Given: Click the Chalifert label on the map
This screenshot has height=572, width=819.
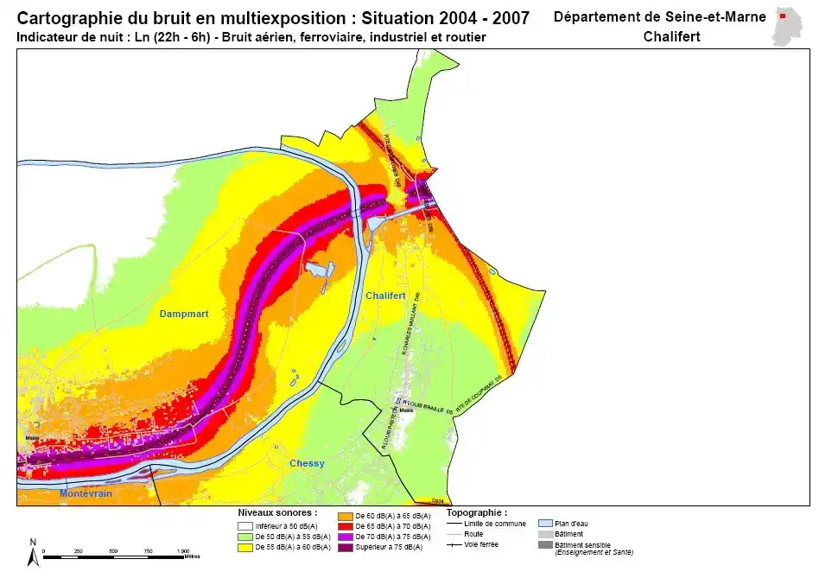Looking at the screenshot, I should click(x=385, y=296).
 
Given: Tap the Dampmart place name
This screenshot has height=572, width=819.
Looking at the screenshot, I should click(x=184, y=314).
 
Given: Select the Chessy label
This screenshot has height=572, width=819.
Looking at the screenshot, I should click(x=307, y=463).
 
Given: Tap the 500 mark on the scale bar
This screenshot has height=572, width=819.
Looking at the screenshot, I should click(x=114, y=550).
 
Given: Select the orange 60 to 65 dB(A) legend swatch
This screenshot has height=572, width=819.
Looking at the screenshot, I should click(x=345, y=516).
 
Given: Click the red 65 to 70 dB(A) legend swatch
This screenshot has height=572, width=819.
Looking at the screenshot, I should click(x=345, y=526).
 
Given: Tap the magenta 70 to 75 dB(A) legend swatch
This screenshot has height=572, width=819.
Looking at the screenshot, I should click(x=345, y=537).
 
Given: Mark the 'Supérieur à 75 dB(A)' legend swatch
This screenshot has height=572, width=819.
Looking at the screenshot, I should click(x=345, y=547).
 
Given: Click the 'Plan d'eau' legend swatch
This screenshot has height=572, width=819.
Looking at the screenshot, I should click(x=545, y=524).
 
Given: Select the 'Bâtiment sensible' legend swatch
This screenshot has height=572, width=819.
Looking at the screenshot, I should click(x=545, y=544).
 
